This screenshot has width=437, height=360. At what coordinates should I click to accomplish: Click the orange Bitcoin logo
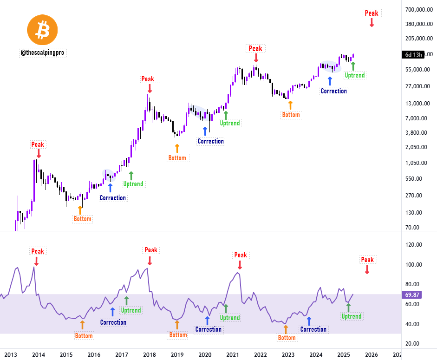42,30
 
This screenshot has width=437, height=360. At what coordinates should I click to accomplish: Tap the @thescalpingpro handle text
43,53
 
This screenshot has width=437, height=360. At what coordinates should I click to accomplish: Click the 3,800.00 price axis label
416,133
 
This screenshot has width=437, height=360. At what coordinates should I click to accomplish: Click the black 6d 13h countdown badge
413,55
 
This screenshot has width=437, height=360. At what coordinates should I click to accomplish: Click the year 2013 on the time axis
11,355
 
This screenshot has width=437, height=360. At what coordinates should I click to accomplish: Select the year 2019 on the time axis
177,355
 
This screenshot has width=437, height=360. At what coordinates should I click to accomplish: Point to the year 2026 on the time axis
371,355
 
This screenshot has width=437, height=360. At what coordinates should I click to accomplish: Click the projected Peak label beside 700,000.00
372,13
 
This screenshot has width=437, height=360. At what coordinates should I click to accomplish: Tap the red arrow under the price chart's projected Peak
372,22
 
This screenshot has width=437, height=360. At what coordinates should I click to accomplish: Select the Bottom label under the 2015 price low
83,219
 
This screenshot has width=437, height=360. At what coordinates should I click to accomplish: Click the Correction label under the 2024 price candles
333,91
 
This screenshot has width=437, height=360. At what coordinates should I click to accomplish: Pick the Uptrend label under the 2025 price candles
355,75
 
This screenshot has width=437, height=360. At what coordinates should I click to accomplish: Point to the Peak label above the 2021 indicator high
241,255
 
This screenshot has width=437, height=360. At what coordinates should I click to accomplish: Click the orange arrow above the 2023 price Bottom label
291,105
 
